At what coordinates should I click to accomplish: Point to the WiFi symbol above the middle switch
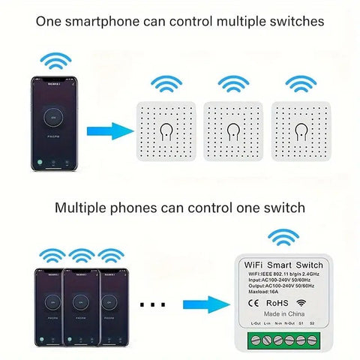(233, 82)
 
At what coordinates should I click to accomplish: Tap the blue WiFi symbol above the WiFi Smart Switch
(283, 238)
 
